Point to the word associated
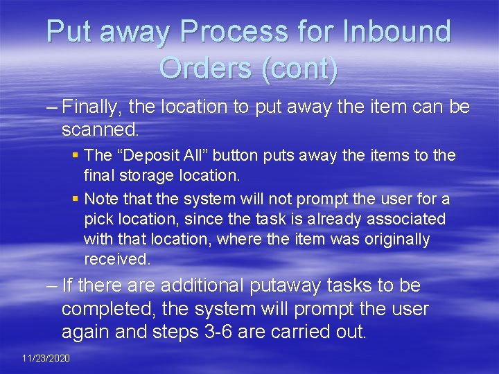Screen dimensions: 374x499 (404, 219)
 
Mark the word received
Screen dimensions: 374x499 (116, 259)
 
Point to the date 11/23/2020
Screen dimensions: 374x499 (46, 358)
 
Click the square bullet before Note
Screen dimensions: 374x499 (76, 199)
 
